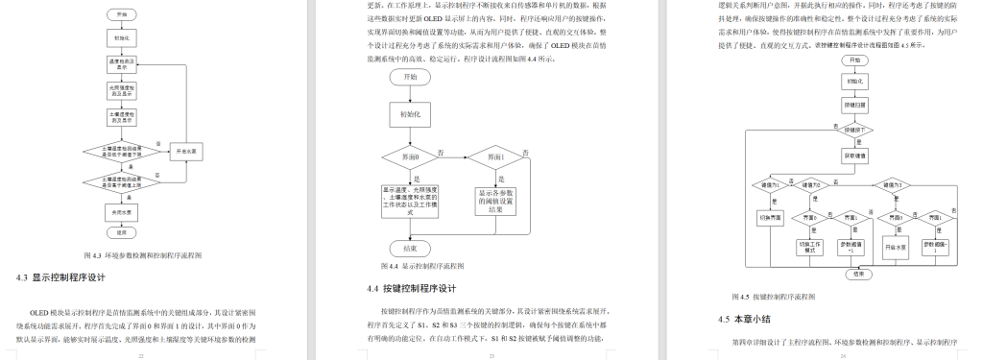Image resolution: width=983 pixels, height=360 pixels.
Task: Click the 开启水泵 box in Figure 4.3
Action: (x=187, y=152)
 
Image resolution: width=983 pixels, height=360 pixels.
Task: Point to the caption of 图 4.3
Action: (x=141, y=255)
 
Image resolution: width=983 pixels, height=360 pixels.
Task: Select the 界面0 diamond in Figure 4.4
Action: (x=409, y=156)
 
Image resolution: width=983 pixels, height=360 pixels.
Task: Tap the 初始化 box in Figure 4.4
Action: (x=410, y=112)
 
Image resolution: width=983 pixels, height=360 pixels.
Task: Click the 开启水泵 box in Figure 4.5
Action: (x=895, y=247)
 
